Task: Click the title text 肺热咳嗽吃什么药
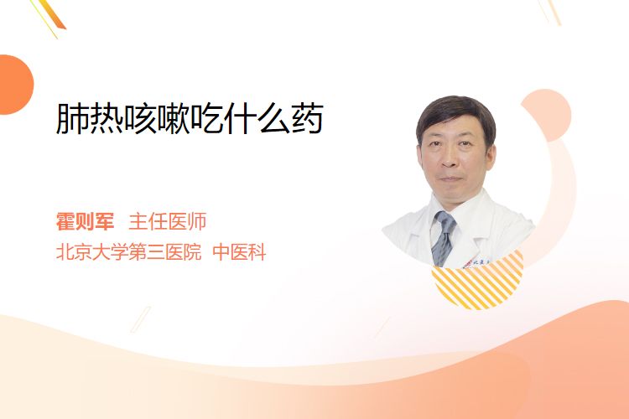(190, 118)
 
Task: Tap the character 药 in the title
(308, 118)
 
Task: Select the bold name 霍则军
(85, 222)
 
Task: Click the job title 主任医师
(168, 222)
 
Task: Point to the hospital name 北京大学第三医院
(128, 252)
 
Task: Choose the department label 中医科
(239, 252)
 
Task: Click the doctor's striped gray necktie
(443, 238)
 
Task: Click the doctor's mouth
(450, 178)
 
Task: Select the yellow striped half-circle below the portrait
(478, 281)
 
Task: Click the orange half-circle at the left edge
(15, 85)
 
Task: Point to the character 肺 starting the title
(72, 118)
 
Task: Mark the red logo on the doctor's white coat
(467, 264)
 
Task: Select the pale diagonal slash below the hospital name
(141, 319)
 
